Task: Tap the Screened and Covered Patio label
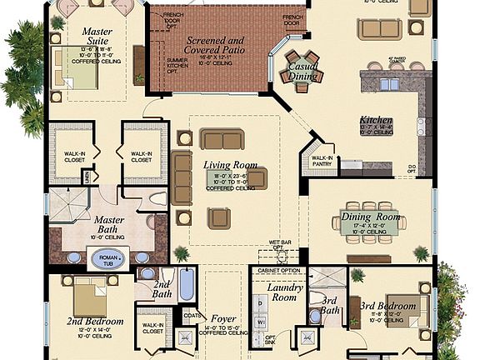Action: click(215, 43)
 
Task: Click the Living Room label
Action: click(231, 165)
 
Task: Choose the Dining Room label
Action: click(371, 217)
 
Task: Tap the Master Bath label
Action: click(102, 222)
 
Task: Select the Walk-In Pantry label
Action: click(322, 160)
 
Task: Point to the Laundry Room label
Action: click(284, 292)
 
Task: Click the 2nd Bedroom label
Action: click(96, 321)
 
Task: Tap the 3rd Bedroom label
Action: click(390, 306)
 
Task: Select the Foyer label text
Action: click(223, 318)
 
